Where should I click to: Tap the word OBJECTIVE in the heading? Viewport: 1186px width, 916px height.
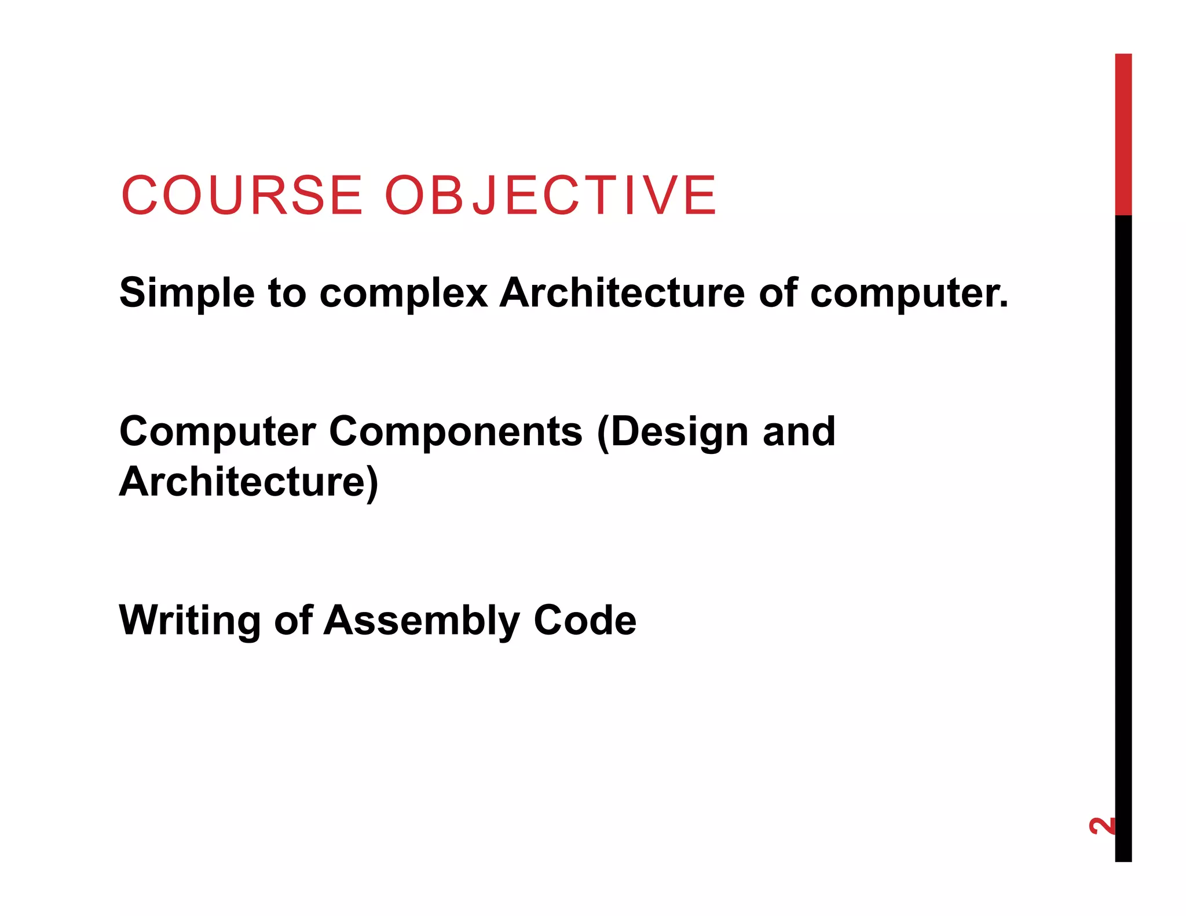550,195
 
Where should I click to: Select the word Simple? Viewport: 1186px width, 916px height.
186,294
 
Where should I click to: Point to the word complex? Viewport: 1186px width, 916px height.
403,294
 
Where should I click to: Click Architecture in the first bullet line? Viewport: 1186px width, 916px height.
622,292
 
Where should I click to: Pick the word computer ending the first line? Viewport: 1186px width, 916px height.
908,294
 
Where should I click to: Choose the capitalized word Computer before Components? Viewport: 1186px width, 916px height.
217,433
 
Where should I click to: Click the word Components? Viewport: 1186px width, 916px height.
456,433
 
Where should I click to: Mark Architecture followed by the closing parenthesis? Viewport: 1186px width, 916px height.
248,482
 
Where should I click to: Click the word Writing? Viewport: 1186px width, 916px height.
189,621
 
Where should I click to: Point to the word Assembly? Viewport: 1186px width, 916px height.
422,621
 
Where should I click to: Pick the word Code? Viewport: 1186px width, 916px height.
585,620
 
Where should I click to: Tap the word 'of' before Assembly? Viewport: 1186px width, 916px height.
293,620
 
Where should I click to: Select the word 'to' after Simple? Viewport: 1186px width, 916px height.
287,292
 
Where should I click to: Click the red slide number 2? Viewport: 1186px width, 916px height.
1101,826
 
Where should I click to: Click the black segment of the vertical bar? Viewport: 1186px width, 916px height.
1123,521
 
